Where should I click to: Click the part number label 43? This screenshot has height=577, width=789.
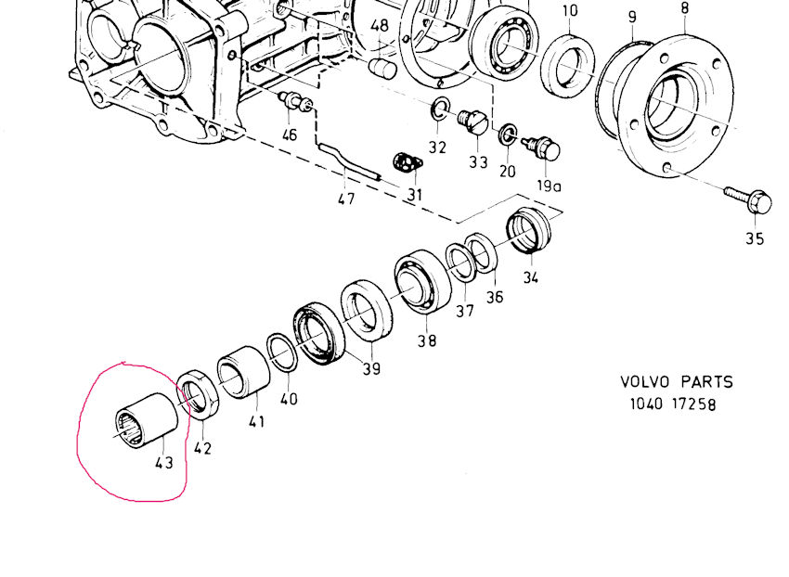[x=163, y=461]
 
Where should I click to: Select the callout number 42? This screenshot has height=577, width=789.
[x=202, y=447]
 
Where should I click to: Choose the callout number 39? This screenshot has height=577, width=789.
[x=371, y=368]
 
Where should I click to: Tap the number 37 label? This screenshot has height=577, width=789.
[x=465, y=310]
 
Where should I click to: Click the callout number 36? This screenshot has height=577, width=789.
[x=495, y=296]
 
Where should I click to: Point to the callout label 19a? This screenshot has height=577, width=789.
[x=550, y=185]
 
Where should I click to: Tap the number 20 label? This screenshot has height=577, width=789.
[x=507, y=171]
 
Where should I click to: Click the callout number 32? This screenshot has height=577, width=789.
[x=437, y=147]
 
